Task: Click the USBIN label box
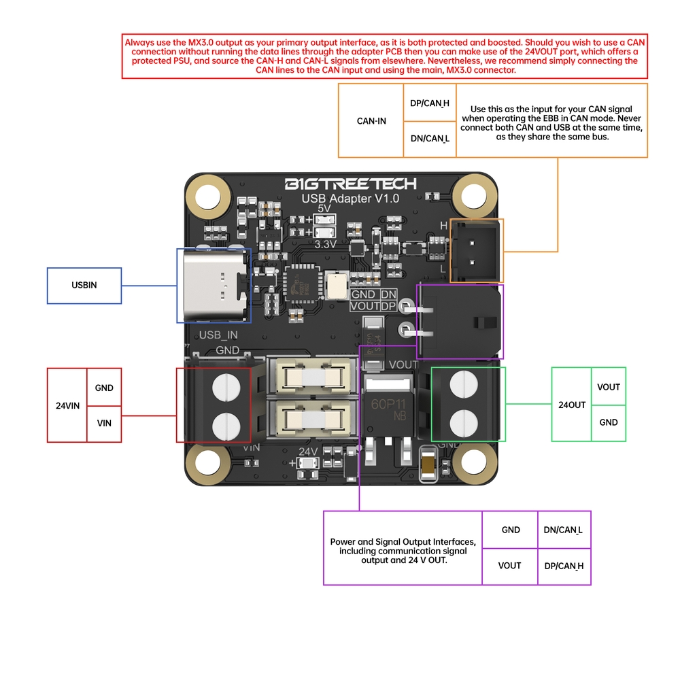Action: click(84, 286)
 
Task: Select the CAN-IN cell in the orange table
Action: click(371, 121)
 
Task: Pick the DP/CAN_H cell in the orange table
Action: click(430, 103)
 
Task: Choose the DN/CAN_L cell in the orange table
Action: click(430, 139)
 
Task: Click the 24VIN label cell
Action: click(67, 405)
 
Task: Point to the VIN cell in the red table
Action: click(104, 423)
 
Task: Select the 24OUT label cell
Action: click(572, 405)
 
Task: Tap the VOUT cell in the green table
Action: click(609, 387)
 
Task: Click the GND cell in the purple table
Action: click(510, 530)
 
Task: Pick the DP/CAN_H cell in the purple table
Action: click(564, 566)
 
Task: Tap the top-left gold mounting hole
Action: click(209, 195)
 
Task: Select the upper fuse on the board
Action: click(314, 376)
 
